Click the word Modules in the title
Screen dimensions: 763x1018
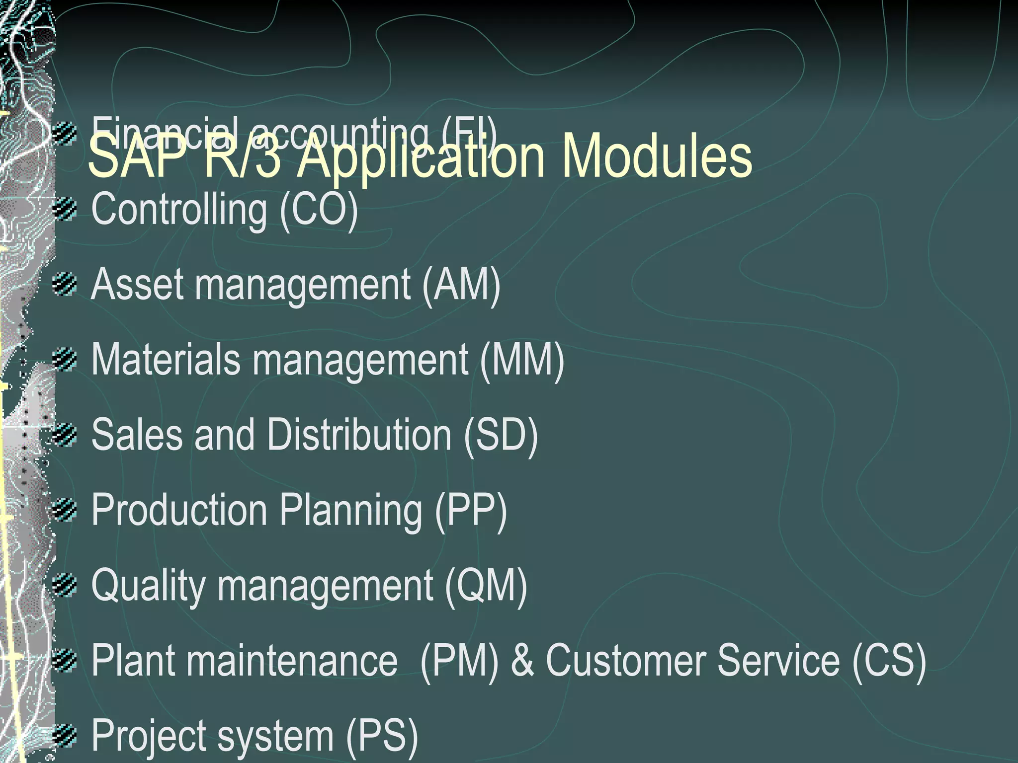[x=657, y=157]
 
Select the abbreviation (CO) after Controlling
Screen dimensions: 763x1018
[x=319, y=210]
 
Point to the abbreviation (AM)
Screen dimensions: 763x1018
[x=461, y=285]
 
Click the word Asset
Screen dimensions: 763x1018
[x=137, y=285]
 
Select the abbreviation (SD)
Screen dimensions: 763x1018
[x=501, y=435]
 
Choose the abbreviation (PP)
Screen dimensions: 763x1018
[x=471, y=511]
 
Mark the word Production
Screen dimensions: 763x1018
[x=179, y=511]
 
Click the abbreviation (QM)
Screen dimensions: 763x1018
[x=486, y=586]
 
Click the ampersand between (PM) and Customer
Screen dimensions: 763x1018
[x=522, y=661]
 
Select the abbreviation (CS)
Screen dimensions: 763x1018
[x=889, y=661]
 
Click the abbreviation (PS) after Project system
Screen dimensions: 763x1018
[x=382, y=736]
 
